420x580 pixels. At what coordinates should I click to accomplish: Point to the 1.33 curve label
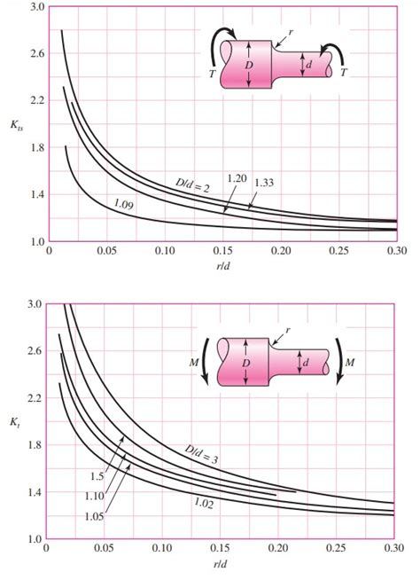coord(264,183)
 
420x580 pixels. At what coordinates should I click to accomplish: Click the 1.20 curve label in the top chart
coord(236,178)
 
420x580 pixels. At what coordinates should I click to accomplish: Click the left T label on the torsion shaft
coord(211,76)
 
